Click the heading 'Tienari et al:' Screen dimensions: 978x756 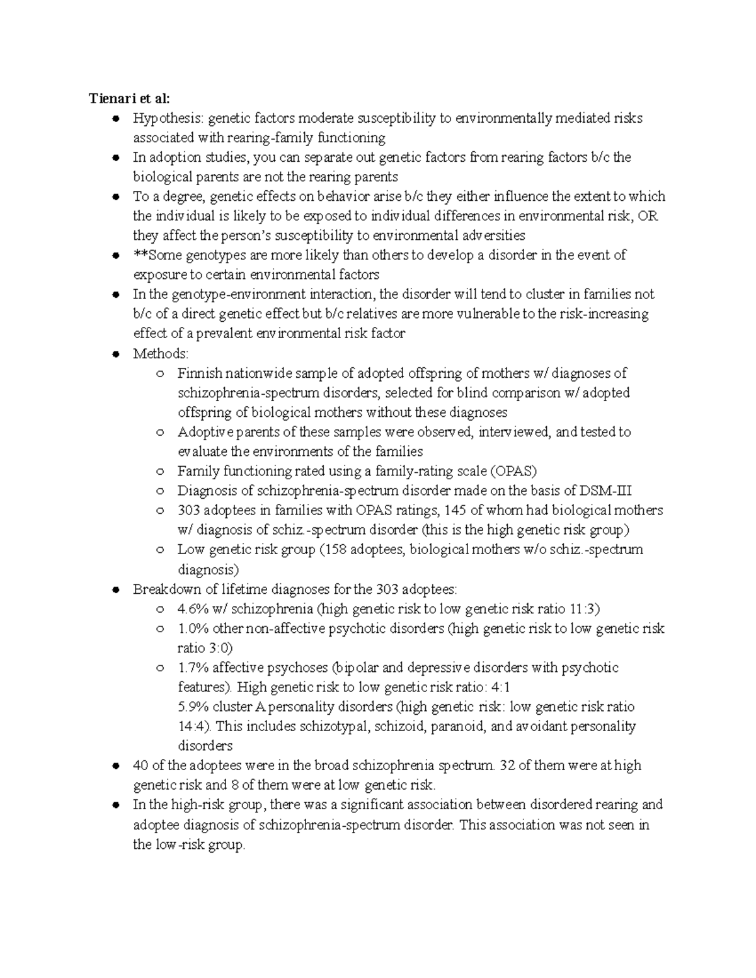(129, 98)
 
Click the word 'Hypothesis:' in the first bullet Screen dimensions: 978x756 (168, 118)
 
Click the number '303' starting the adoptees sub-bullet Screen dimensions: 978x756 (188, 510)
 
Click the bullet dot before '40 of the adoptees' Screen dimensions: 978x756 (115, 766)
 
